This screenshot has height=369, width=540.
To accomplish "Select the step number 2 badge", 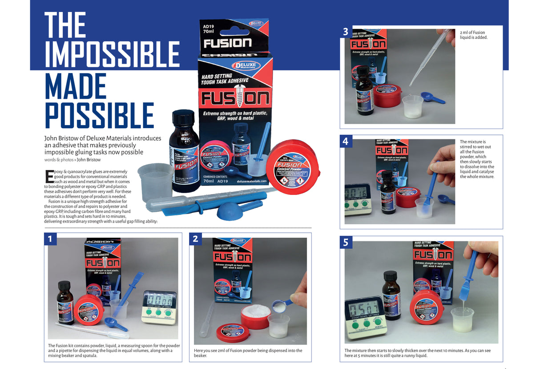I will (195, 239).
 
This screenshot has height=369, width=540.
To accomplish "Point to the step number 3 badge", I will (346, 32).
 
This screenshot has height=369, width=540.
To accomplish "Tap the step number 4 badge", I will (346, 142).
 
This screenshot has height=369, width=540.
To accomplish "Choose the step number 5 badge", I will (346, 242).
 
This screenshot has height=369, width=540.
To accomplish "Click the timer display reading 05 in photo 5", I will (364, 308).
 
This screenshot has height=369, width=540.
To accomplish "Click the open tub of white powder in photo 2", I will (255, 314).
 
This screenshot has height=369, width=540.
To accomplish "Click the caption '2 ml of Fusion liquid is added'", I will (474, 35).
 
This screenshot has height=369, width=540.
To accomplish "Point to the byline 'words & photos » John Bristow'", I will (73, 160).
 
